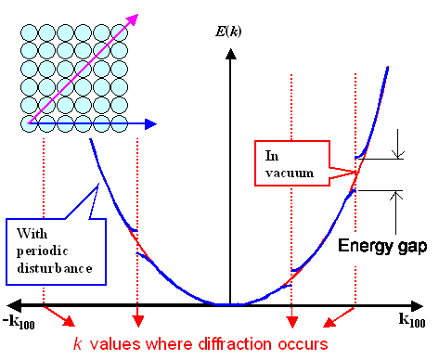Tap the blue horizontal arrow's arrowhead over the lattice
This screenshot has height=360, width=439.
(150, 122)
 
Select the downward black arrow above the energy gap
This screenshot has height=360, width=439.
(398, 147)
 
